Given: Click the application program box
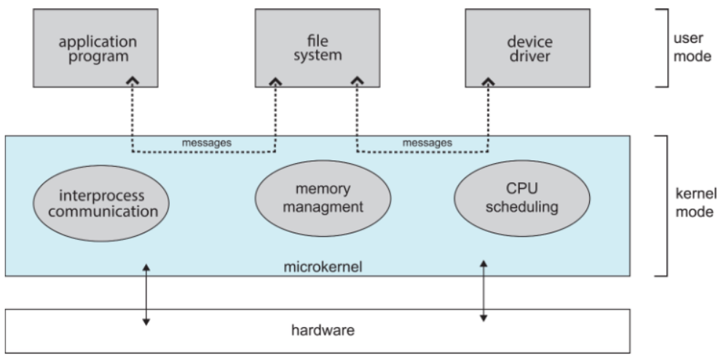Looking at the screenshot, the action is pyautogui.click(x=95, y=48).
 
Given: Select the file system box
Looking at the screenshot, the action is pyautogui.click(x=318, y=48).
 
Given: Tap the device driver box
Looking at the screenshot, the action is pyautogui.click(x=528, y=48).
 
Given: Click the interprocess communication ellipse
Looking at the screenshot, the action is pyautogui.click(x=101, y=203).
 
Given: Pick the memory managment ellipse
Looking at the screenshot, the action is pyautogui.click(x=323, y=198).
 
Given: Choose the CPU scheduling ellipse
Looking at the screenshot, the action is pyautogui.click(x=522, y=198).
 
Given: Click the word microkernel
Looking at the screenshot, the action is pyautogui.click(x=323, y=267).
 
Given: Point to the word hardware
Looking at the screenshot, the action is pyautogui.click(x=323, y=330).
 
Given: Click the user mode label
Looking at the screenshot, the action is pyautogui.click(x=692, y=47).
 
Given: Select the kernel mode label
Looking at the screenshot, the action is pyautogui.click(x=696, y=203).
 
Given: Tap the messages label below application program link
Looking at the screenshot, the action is pyautogui.click(x=206, y=143).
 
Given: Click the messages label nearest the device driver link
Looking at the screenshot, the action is pyautogui.click(x=428, y=143).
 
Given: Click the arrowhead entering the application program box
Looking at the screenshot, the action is pyautogui.click(x=133, y=81).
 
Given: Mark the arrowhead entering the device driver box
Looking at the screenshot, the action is pyautogui.click(x=488, y=81).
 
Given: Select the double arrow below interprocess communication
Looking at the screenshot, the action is pyautogui.click(x=146, y=294).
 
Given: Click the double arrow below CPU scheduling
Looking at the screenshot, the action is pyautogui.click(x=484, y=291).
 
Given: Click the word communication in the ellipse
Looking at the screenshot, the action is pyautogui.click(x=103, y=212).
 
